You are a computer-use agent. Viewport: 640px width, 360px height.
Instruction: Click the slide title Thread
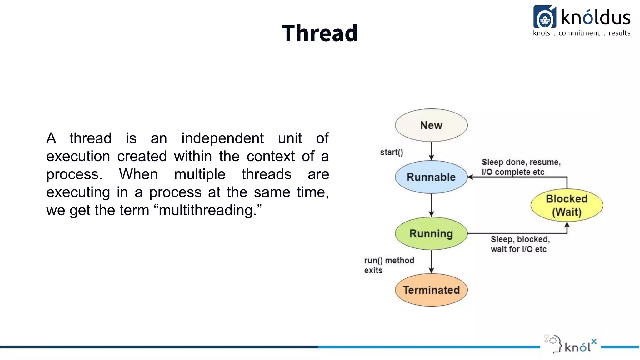(320, 33)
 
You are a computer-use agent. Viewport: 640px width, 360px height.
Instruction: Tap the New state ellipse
(431, 125)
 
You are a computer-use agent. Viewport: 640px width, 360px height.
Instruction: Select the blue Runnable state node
(431, 177)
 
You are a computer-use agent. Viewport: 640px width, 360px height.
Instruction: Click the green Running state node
(431, 234)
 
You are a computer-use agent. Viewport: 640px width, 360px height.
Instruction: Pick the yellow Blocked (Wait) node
(567, 205)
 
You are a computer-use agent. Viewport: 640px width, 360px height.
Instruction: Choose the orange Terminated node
(431, 290)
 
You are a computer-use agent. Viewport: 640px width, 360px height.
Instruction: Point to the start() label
(391, 152)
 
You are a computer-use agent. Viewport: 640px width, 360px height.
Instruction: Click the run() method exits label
(389, 265)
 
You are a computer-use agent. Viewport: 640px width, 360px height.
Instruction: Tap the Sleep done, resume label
(521, 167)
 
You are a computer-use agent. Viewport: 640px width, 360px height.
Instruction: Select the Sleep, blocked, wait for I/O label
(520, 244)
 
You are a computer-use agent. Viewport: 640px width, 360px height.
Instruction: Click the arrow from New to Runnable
(431, 151)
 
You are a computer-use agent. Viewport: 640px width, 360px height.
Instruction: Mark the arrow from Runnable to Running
(431, 205)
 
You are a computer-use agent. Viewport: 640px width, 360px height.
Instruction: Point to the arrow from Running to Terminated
(431, 261)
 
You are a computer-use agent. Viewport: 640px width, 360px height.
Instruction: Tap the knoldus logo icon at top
(544, 17)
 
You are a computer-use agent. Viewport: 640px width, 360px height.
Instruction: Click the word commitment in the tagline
(579, 33)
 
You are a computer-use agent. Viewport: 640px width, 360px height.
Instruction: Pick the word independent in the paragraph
(222, 138)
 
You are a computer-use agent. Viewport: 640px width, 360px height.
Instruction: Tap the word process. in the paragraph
(74, 174)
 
